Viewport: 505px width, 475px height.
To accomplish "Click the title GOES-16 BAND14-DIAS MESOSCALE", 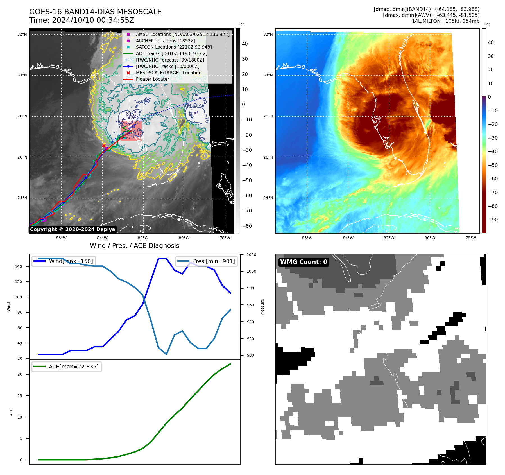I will (95, 12).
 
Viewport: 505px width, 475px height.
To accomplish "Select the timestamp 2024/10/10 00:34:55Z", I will (93, 20).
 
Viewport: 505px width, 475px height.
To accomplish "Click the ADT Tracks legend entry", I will (171, 53).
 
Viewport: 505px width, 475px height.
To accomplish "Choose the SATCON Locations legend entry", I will (174, 47).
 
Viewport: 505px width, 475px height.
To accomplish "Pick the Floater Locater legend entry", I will (152, 79).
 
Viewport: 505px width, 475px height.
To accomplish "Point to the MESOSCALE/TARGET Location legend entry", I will (169, 73).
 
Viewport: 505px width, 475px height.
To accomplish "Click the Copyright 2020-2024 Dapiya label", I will (73, 229).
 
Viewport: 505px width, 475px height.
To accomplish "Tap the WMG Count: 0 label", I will (304, 262).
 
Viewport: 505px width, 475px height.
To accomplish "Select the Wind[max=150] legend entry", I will (71, 261).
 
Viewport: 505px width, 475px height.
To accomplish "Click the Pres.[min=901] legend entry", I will (214, 261).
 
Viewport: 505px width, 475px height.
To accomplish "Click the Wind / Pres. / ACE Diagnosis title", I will (134, 246).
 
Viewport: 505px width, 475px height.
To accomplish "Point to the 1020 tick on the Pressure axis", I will (252, 255).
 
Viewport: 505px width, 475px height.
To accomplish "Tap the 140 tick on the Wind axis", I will (19, 266).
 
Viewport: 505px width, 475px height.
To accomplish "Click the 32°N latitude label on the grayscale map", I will (22, 35).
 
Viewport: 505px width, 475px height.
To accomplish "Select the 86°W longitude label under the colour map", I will (307, 238).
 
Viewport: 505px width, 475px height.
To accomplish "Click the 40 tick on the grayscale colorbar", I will (245, 44).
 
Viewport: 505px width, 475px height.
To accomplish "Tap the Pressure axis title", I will (262, 307).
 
